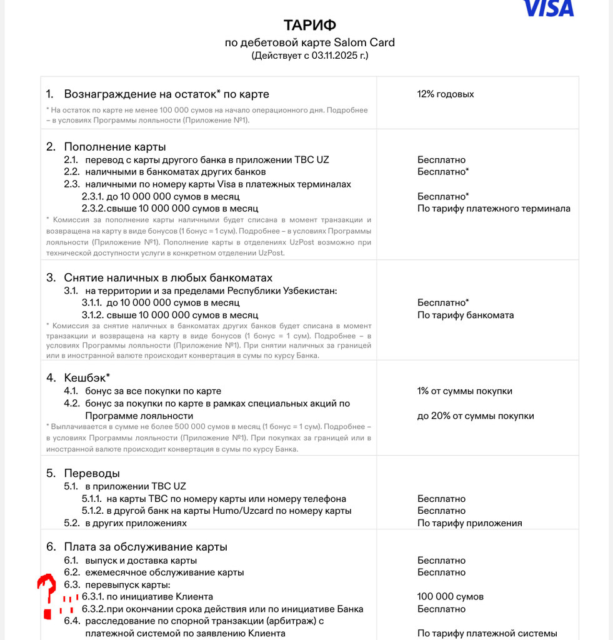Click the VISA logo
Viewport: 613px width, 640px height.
(x=549, y=7)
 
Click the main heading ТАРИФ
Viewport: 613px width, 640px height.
(x=310, y=25)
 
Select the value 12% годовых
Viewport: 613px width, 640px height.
(x=446, y=94)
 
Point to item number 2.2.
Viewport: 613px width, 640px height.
(x=72, y=172)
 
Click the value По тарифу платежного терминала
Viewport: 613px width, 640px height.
(x=494, y=209)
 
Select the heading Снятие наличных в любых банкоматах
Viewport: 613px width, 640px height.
(x=167, y=277)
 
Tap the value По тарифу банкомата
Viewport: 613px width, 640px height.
(x=466, y=315)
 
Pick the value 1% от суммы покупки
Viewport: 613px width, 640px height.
(x=465, y=391)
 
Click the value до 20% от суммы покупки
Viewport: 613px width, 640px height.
(x=476, y=416)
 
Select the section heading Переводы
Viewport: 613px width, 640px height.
(x=91, y=473)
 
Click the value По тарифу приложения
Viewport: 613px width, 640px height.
(x=469, y=523)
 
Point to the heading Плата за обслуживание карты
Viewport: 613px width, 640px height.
(x=145, y=547)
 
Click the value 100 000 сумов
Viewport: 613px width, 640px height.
(x=450, y=597)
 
